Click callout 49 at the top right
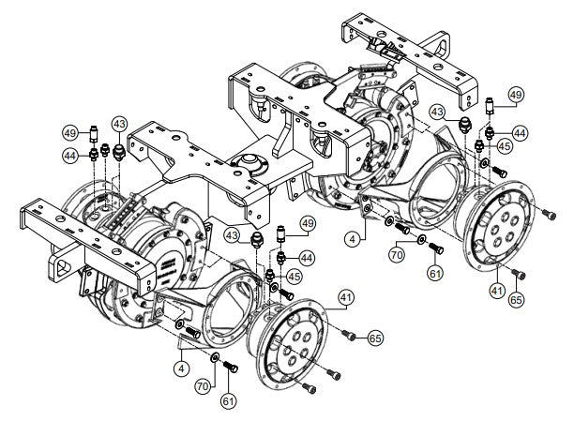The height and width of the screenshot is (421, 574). coord(515,95)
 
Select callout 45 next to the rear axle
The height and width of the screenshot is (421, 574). coord(505,146)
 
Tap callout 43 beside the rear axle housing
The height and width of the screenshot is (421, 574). coord(438,110)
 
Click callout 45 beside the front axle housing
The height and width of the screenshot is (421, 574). coord(293,276)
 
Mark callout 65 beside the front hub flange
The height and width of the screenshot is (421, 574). coord(374,336)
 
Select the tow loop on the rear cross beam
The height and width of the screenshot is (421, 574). coord(439,43)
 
